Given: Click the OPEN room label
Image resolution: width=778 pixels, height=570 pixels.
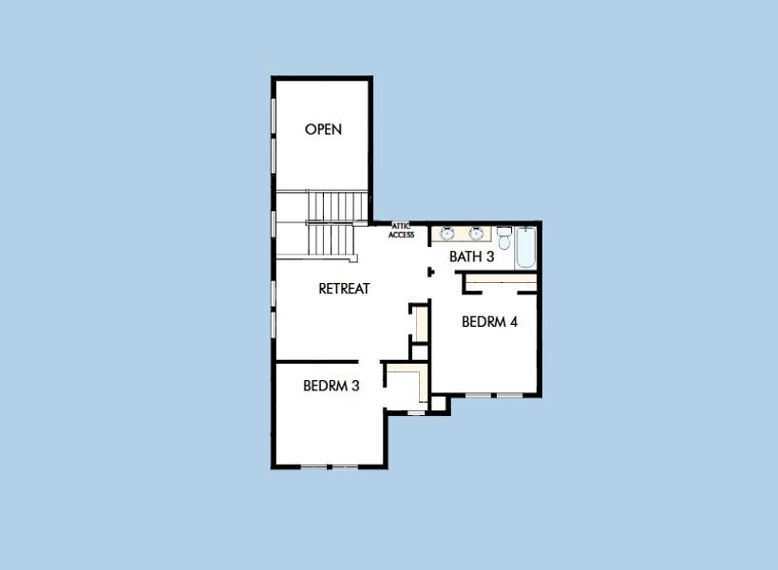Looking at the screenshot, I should coord(323,129).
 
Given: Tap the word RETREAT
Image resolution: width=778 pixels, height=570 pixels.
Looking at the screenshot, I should coord(343,289).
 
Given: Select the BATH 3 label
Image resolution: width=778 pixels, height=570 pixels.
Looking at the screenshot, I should coord(471,256).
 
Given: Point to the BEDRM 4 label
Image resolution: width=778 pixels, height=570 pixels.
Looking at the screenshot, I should coord(489,322).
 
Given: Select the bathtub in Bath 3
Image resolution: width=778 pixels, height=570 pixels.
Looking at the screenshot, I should coord(527,248).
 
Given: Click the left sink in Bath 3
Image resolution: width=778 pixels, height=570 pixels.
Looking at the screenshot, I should coord(446,233).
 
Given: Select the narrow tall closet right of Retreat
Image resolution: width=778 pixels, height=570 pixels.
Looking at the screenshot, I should coord(419,323).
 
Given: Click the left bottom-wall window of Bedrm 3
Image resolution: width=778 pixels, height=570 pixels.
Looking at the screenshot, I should coord(314,466).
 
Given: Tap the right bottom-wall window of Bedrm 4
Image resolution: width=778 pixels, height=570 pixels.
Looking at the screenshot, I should coord(510,394).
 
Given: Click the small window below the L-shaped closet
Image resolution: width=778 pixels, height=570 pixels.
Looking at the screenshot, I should coord(415,412).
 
